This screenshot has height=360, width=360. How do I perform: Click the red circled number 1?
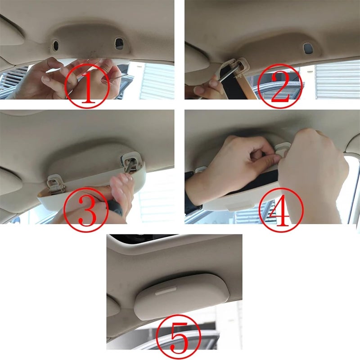87,85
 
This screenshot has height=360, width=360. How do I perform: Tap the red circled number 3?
85,209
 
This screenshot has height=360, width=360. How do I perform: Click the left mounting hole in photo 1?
55,45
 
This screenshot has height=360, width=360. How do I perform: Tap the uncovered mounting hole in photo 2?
308,48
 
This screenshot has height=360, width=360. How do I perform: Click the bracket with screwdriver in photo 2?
237,66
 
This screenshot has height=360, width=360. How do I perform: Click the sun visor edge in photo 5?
113,306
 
